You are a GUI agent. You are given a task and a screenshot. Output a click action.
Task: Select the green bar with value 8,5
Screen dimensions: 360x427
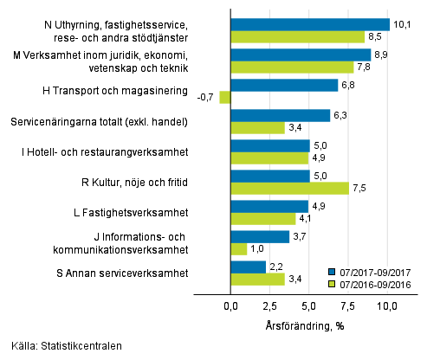298,37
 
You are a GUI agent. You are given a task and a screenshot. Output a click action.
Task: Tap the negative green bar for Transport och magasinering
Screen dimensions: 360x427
225,98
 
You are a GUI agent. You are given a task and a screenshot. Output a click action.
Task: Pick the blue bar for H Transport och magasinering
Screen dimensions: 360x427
284,85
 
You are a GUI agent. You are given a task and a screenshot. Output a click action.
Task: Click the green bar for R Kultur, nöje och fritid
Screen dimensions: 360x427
290,189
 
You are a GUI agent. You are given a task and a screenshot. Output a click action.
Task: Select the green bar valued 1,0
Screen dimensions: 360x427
239,249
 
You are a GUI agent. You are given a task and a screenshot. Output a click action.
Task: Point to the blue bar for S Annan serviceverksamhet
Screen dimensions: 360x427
248,267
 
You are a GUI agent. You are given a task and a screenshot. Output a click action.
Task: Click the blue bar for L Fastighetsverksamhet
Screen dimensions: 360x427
269,206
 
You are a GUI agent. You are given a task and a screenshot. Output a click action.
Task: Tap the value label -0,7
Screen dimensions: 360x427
206,98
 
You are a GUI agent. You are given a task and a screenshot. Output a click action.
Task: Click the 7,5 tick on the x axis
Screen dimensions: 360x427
348,306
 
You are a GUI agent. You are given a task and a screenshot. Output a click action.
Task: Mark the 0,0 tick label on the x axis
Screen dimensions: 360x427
231,306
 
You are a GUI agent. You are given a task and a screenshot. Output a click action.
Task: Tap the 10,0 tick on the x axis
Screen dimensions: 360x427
386,306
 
